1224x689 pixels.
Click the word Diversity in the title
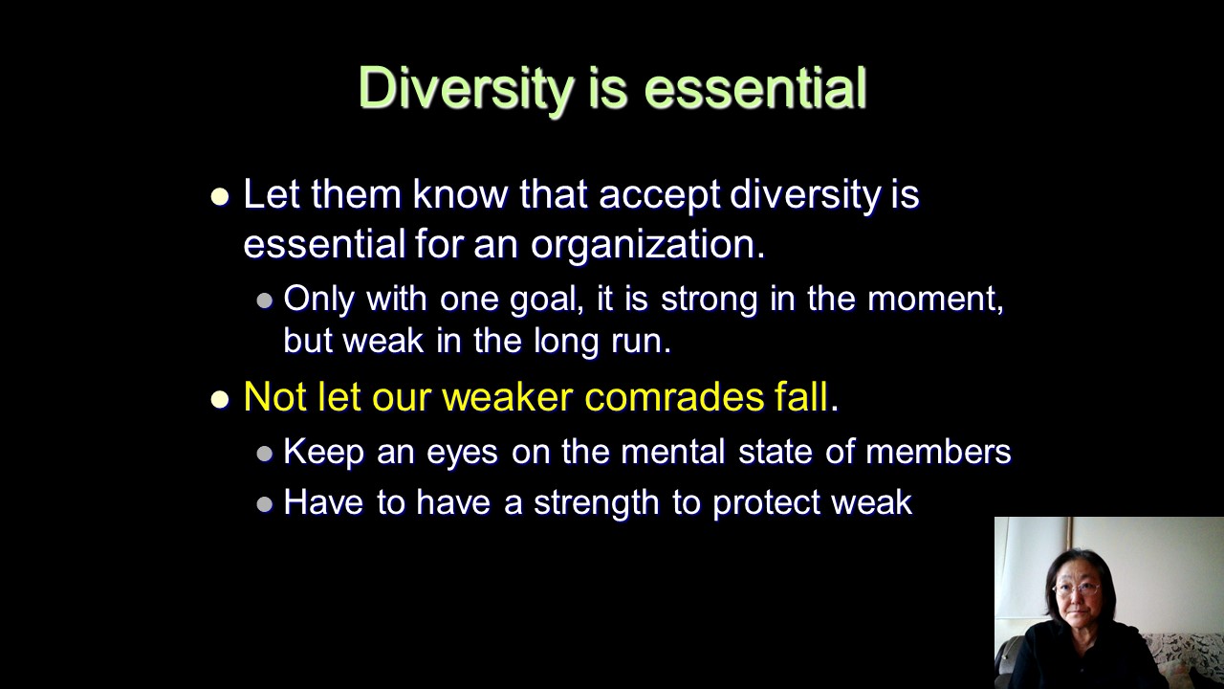(x=466, y=90)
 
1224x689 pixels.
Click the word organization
(x=647, y=245)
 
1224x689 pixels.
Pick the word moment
(x=935, y=300)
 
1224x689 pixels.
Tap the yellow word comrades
(x=674, y=396)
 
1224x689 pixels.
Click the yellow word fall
(x=801, y=396)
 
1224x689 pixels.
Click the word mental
(x=672, y=452)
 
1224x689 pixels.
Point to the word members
(x=938, y=452)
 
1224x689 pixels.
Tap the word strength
(x=596, y=503)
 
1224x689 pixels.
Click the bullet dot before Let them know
(x=220, y=197)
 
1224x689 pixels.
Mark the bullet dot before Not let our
(x=220, y=399)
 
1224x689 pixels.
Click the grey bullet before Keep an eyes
(x=265, y=454)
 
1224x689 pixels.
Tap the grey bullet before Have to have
(x=265, y=504)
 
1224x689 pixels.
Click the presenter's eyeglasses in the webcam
(x=1077, y=589)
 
